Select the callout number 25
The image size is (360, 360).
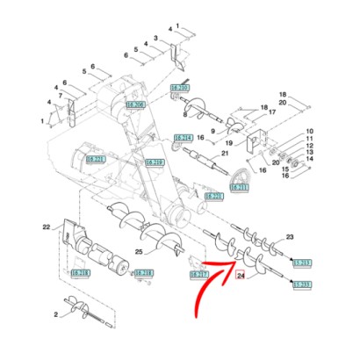(138, 253)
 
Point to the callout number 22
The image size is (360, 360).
(47, 227)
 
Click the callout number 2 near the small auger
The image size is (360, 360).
(56, 313)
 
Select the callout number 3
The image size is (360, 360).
(156, 40)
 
